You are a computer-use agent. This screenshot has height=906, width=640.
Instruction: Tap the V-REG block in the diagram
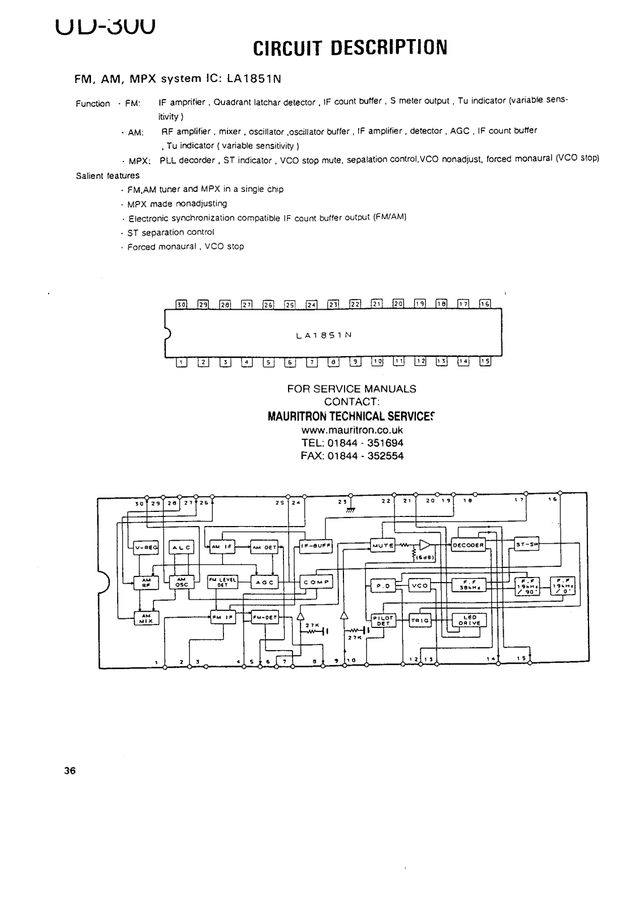click(146, 548)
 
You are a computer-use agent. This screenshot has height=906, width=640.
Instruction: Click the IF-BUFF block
click(316, 546)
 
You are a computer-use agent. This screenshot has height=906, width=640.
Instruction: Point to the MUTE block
click(383, 545)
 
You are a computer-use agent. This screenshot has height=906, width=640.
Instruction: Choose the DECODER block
click(469, 545)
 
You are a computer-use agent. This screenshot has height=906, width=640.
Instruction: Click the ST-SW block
click(527, 545)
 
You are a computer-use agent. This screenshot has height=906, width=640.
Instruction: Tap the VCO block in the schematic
click(420, 586)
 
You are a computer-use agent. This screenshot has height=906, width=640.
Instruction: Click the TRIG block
click(420, 621)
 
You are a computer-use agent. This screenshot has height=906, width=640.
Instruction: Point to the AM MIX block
click(146, 618)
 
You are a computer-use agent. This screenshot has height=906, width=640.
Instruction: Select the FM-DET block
click(265, 618)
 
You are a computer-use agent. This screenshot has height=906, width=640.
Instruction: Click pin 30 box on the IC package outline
click(182, 304)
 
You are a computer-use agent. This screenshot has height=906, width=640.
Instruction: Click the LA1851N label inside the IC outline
click(324, 335)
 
